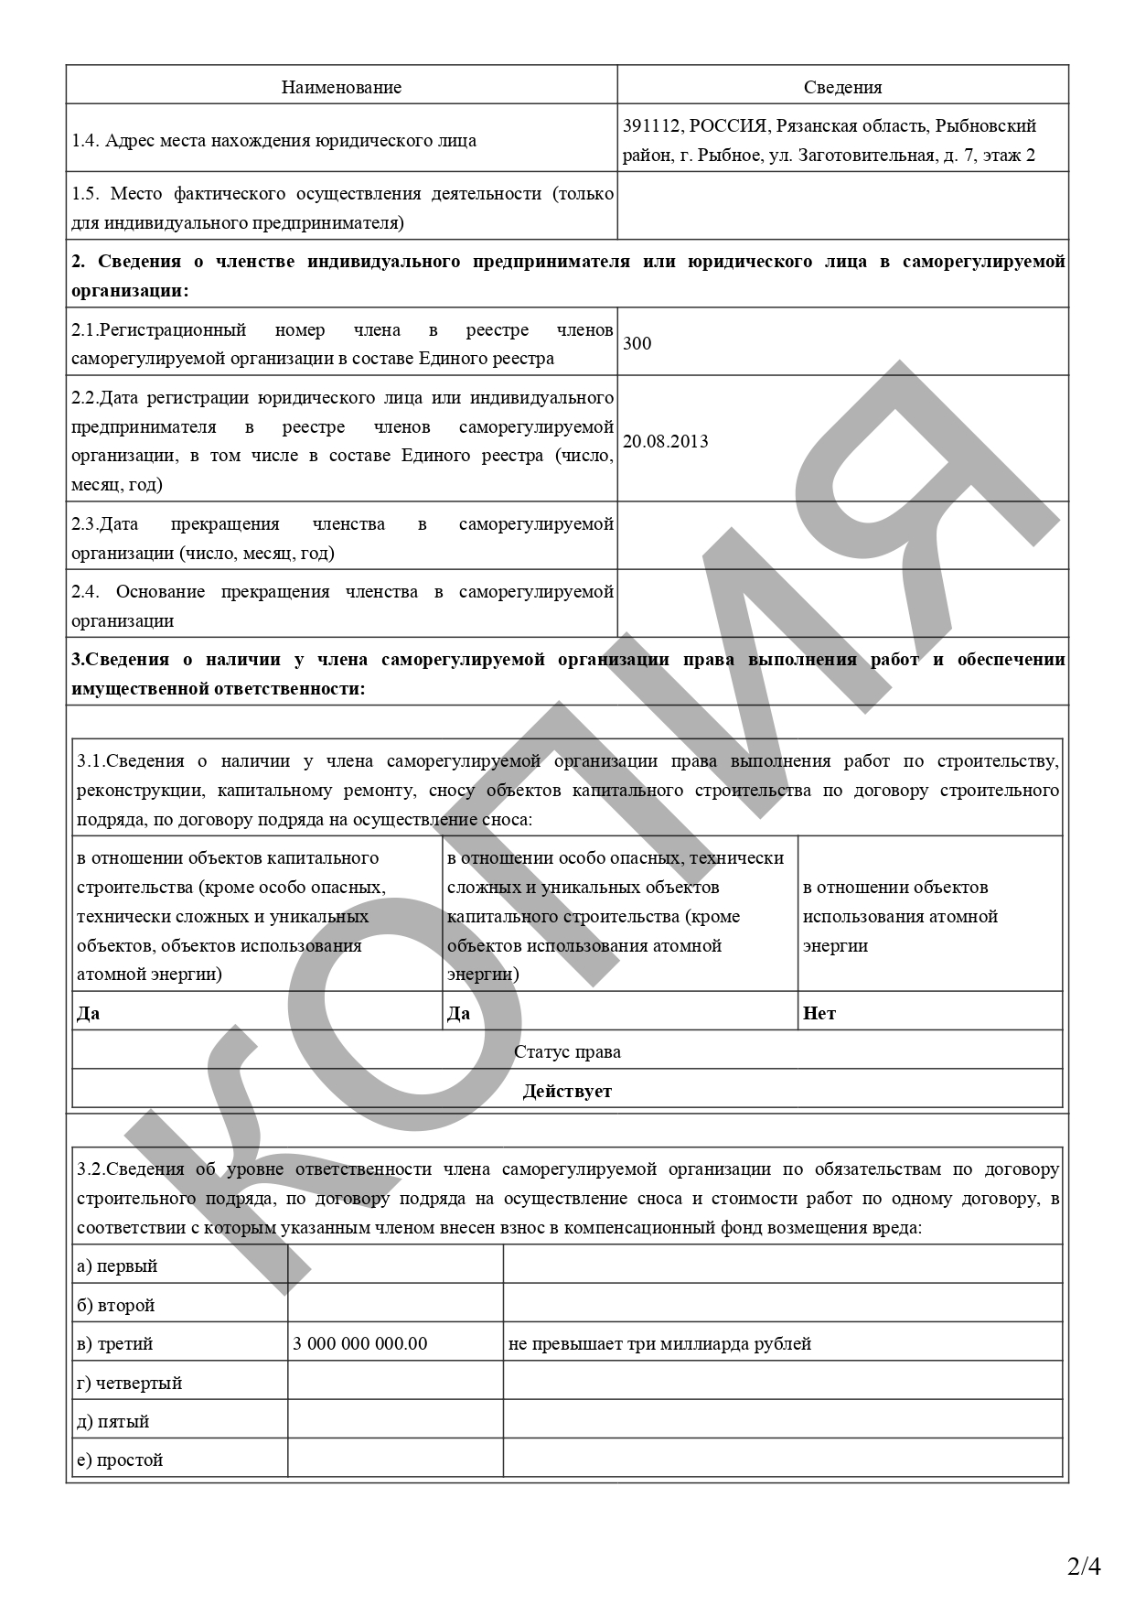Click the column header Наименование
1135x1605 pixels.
tap(341, 88)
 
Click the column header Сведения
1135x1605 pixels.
tap(842, 88)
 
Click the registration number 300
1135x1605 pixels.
tap(637, 344)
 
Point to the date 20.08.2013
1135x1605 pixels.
tap(665, 442)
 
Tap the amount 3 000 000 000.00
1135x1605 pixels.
tap(359, 1344)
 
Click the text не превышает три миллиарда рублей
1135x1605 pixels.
tap(659, 1344)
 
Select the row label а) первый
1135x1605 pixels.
tap(117, 1266)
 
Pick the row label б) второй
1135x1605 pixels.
tap(115, 1306)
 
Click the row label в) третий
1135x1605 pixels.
tap(114, 1344)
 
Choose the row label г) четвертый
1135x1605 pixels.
tap(129, 1384)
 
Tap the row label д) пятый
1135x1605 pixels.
tap(112, 1422)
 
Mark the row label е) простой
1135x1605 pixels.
tap(120, 1460)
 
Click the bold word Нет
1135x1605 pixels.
tap(819, 1014)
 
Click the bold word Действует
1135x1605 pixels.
tap(567, 1092)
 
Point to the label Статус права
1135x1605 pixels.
tap(567, 1052)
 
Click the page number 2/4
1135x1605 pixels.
tap(1084, 1567)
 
